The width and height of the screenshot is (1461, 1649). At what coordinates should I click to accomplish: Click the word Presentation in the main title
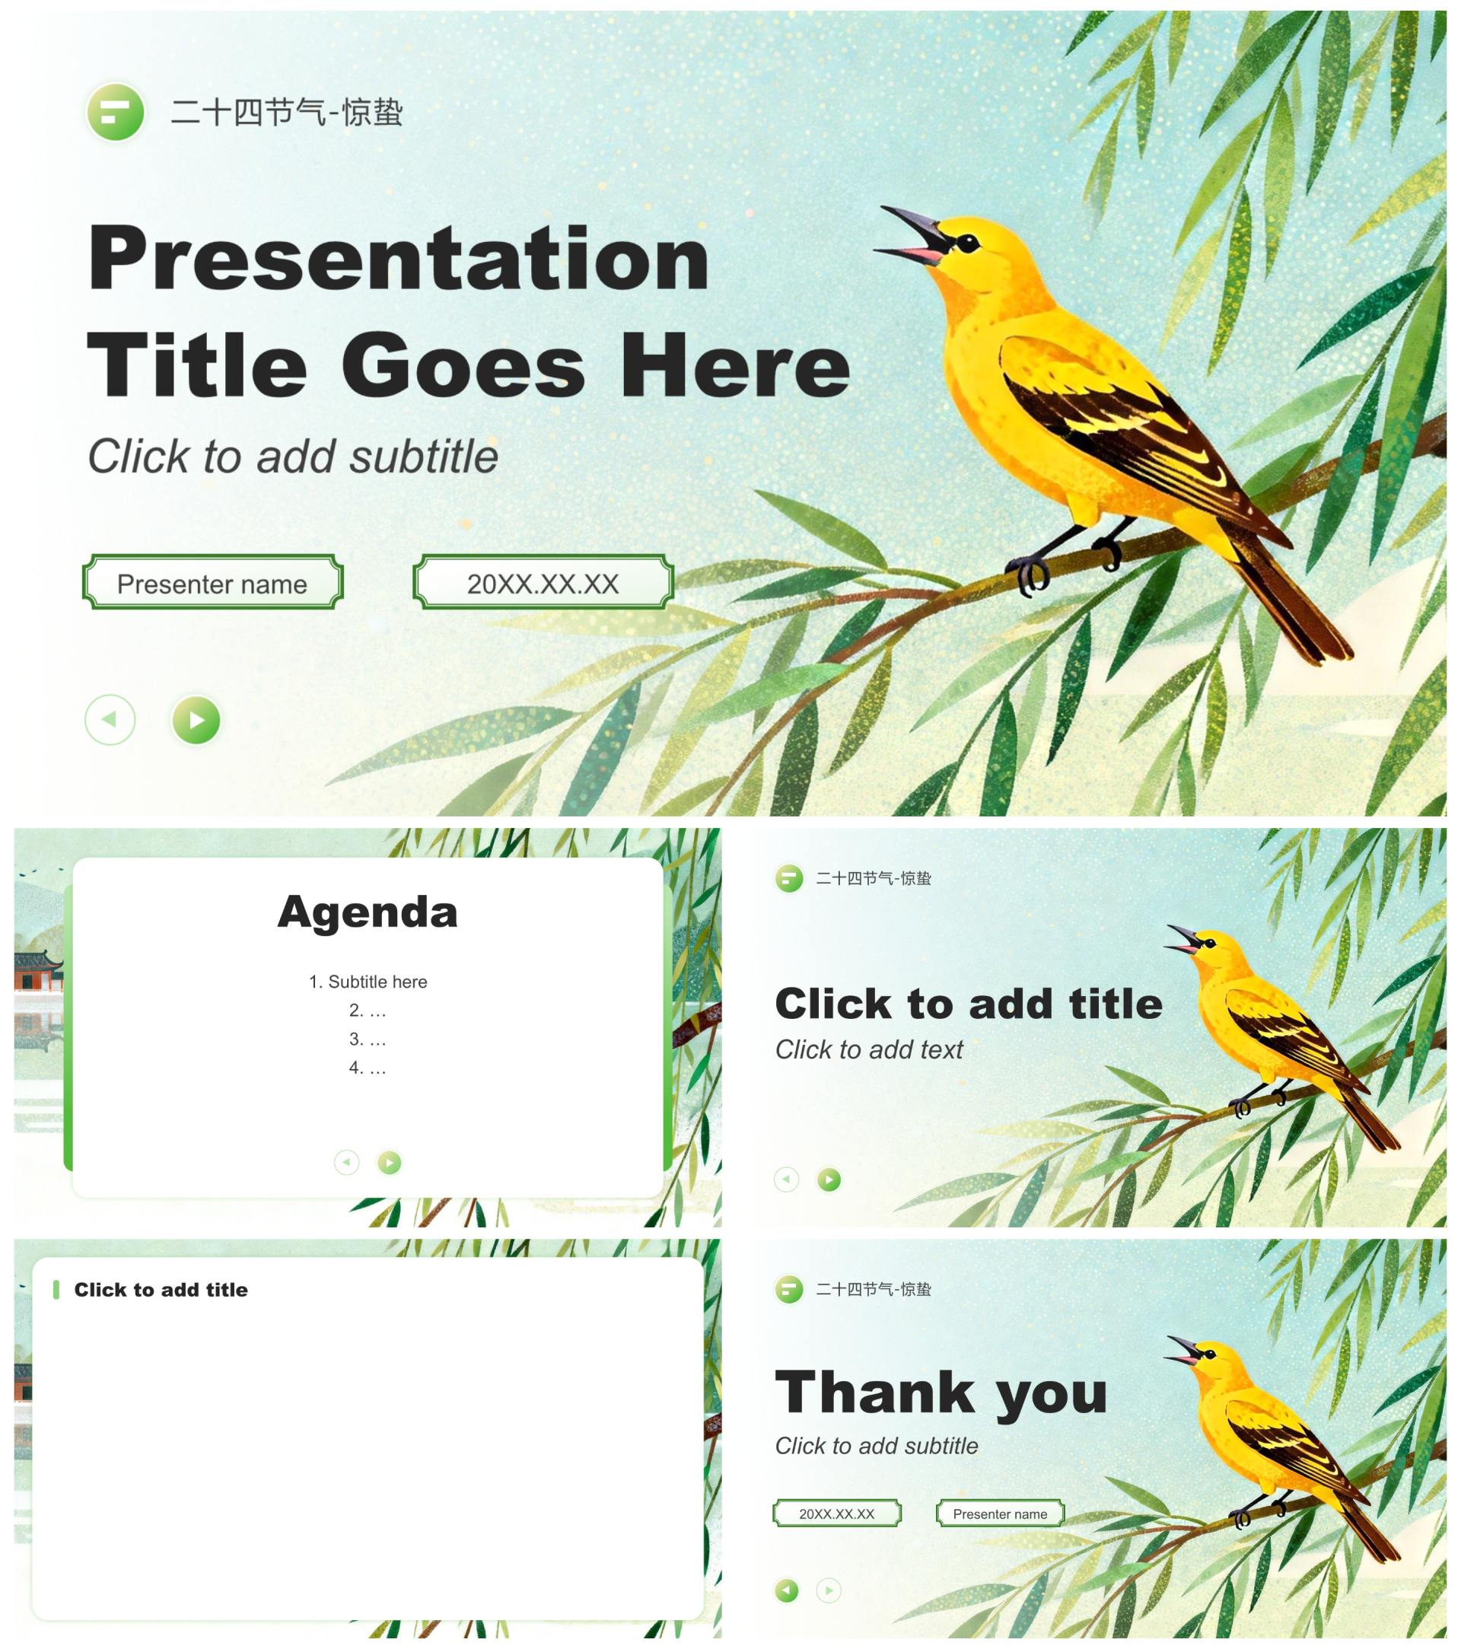pyautogui.click(x=399, y=258)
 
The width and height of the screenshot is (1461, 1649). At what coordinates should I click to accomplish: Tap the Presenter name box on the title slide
pyautogui.click(x=213, y=582)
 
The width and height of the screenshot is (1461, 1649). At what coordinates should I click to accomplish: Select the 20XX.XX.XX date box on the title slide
pyautogui.click(x=543, y=582)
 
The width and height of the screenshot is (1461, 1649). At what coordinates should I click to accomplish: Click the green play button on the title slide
pyautogui.click(x=196, y=719)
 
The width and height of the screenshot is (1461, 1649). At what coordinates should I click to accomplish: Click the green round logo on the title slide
pyautogui.click(x=116, y=112)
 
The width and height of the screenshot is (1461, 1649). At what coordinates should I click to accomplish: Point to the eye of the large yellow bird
pyautogui.click(x=966, y=243)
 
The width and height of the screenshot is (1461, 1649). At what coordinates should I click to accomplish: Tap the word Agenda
pyautogui.click(x=368, y=912)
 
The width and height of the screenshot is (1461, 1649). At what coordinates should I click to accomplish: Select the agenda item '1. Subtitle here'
pyautogui.click(x=368, y=982)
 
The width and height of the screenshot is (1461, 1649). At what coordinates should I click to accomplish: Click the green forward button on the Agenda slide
pyautogui.click(x=390, y=1163)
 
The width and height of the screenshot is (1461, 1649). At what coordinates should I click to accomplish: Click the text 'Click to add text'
pyautogui.click(x=869, y=1049)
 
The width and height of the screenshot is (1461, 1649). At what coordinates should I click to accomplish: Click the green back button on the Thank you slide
pyautogui.click(x=787, y=1590)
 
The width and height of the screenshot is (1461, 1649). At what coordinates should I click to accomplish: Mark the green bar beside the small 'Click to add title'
pyautogui.click(x=56, y=1290)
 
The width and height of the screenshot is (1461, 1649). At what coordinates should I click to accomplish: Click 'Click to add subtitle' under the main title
pyautogui.click(x=293, y=457)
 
